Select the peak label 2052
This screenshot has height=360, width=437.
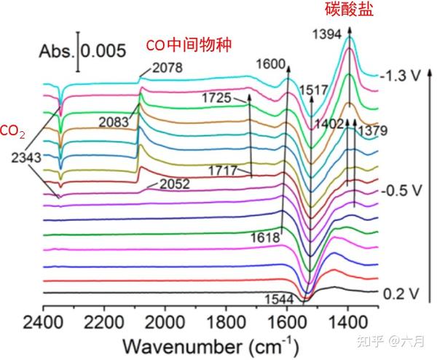tap(174, 184)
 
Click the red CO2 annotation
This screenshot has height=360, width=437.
tap(12, 131)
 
